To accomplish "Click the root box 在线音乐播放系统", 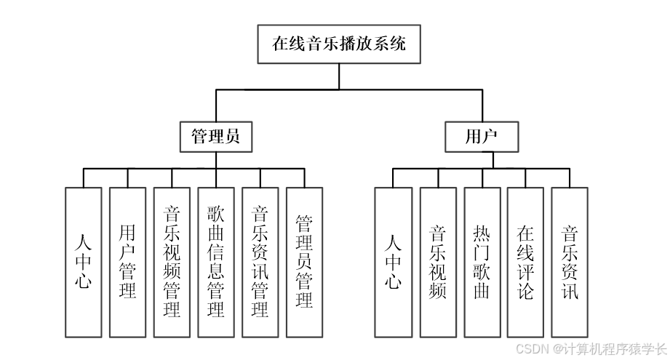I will (x=338, y=44).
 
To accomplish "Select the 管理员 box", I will (x=216, y=136).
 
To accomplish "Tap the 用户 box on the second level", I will (x=482, y=136).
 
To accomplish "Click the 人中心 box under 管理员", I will (x=83, y=262).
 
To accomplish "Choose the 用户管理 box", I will (x=127, y=262).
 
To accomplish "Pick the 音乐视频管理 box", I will (x=172, y=262).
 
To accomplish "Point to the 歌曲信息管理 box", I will (x=216, y=262).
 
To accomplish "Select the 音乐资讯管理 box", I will (x=260, y=262).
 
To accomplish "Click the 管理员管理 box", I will (x=305, y=262).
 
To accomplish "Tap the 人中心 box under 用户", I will (x=393, y=262).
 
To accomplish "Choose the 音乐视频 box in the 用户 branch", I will (x=438, y=262).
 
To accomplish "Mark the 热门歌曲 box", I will (x=482, y=262).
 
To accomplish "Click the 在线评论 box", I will (x=525, y=262).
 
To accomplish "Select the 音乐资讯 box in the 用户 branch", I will (x=570, y=262).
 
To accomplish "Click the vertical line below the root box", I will (x=338, y=76).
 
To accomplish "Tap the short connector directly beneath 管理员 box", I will (x=216, y=160).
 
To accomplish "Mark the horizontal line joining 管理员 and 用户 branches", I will (x=349, y=90).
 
